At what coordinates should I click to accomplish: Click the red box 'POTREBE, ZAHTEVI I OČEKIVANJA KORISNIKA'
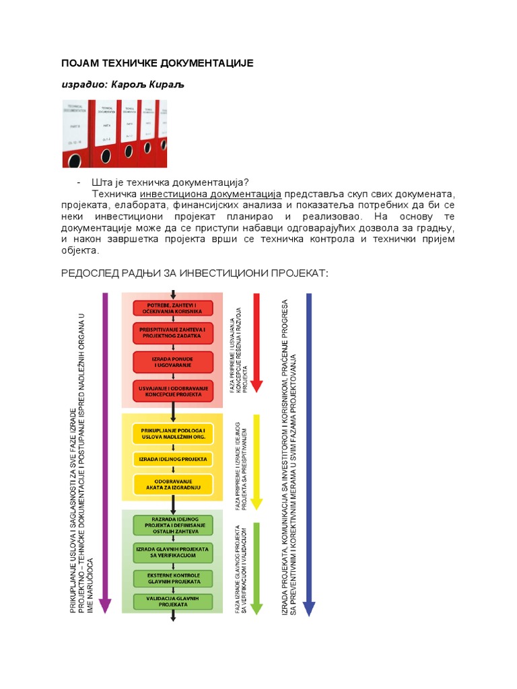point(173,308)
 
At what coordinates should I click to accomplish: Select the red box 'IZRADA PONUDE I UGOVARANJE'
point(173,362)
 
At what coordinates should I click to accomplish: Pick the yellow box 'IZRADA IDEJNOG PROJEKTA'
point(173,459)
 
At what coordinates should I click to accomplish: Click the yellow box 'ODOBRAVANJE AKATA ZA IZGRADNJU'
point(173,484)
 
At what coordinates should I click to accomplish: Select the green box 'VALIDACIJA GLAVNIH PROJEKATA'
point(173,601)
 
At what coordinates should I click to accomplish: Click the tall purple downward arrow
point(105,451)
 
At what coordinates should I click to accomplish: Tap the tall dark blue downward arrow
point(308,451)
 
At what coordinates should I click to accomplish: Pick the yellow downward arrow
point(256,461)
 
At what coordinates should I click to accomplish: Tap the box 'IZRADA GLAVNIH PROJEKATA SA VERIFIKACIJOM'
point(173,553)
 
